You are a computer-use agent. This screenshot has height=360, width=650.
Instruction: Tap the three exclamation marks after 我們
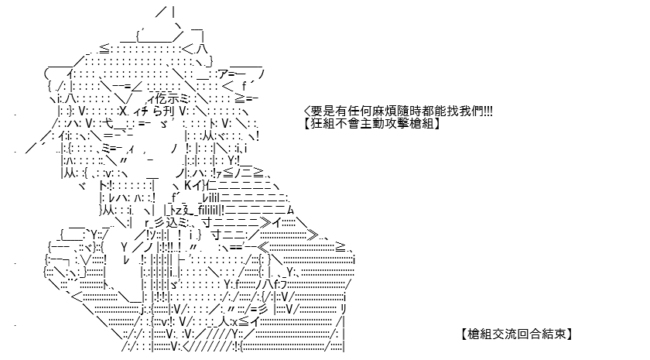[488, 111]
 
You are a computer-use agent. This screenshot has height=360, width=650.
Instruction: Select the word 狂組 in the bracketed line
[323, 124]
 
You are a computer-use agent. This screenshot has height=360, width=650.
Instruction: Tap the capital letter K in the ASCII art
[187, 185]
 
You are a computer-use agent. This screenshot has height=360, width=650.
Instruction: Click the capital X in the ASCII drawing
[123, 111]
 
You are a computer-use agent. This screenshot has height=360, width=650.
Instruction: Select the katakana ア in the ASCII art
[224, 74]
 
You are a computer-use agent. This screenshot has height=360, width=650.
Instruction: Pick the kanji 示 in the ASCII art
[175, 99]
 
